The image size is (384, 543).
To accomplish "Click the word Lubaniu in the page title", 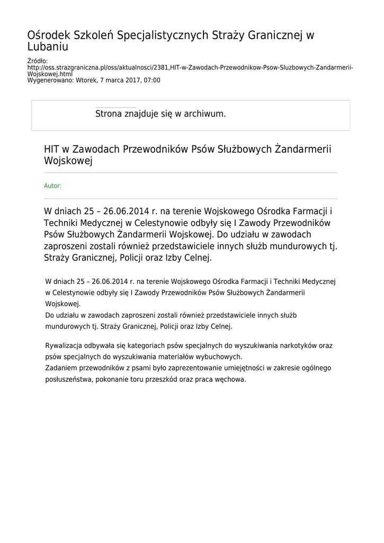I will [48, 47].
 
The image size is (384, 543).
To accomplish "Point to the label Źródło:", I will [37, 62].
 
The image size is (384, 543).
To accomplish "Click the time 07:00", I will [151, 81].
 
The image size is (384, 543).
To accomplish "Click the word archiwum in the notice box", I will [205, 113].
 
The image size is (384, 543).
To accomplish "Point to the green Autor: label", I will [52, 186].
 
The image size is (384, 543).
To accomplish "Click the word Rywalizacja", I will [65, 345].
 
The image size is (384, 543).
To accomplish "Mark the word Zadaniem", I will [61, 367].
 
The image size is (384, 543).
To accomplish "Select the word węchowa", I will [232, 380].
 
